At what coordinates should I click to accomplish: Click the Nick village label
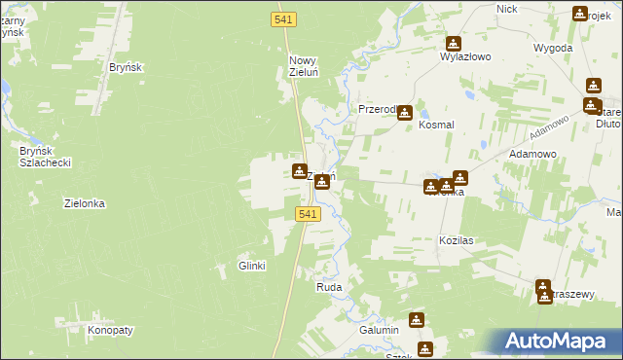(x=506, y=9)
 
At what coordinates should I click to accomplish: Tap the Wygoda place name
(x=552, y=47)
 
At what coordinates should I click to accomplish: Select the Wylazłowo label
(x=464, y=57)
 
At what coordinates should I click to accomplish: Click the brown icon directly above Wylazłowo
(x=454, y=43)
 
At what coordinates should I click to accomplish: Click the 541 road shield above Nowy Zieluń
(x=284, y=19)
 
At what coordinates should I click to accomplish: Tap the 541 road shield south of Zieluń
(x=306, y=214)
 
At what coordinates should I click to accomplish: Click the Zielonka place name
(x=85, y=204)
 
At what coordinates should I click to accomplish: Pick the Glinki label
(x=252, y=266)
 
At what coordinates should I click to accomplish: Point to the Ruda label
(x=328, y=288)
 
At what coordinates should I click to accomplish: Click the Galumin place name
(x=380, y=331)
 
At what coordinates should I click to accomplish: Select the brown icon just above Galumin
(x=417, y=318)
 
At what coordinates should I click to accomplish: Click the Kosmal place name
(x=437, y=126)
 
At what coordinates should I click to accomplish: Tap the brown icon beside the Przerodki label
(x=404, y=113)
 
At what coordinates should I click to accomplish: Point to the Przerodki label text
(x=377, y=110)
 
